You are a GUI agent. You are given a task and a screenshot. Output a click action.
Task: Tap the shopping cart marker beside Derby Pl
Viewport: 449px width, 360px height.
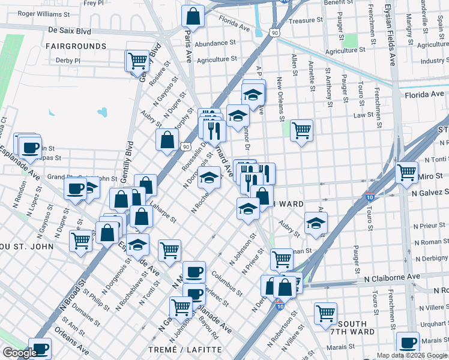coord(137,60)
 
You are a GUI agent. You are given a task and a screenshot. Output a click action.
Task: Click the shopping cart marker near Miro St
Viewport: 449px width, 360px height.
coord(407,172)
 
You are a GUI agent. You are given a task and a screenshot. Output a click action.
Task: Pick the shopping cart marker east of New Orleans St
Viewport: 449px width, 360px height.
coord(301,130)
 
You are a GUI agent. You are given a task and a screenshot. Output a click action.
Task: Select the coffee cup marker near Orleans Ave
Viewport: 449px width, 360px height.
coord(40,349)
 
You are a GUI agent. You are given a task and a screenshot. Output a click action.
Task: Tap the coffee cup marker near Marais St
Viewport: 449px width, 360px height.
coord(408,343)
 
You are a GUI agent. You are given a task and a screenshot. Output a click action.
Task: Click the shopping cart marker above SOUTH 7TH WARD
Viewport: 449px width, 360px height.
coord(325,312)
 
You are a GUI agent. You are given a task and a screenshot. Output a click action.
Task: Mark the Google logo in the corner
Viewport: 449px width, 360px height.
coord(19,353)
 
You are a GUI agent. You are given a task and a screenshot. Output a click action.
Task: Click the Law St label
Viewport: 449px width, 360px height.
coord(364,115)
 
